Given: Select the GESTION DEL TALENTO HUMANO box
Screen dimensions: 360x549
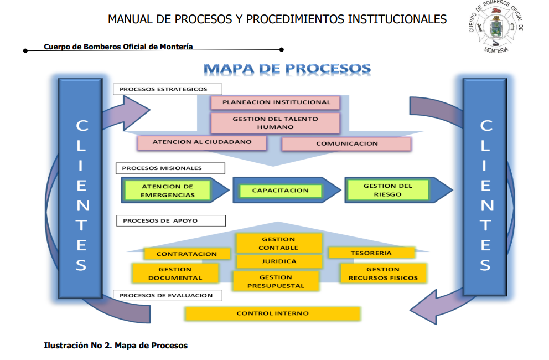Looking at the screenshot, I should point(275,123).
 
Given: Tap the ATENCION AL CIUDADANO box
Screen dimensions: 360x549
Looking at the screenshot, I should point(202,142).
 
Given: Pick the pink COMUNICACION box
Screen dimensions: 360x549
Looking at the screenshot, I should point(346,144).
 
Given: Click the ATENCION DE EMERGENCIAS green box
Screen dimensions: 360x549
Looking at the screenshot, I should point(168,191).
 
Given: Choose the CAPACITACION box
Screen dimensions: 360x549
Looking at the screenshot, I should point(281,191).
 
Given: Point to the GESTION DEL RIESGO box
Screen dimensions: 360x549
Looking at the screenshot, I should point(387,190).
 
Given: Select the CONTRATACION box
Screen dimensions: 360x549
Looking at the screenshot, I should point(187,254).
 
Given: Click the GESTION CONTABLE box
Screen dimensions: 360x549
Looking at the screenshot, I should point(278,243).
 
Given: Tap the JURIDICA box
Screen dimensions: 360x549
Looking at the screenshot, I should point(279,261).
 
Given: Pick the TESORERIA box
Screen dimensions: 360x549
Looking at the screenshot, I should point(371,253).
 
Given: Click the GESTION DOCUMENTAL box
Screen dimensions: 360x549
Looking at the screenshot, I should point(175,274).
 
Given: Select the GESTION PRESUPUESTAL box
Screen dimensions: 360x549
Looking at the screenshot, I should point(276,281).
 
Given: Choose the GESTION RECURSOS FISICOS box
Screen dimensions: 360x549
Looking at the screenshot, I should point(383,274).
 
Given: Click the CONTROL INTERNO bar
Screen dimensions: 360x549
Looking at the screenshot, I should point(272,313).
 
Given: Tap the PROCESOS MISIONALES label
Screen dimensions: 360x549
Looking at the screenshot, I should point(170,168).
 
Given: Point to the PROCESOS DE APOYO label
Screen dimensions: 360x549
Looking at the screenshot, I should point(170,220).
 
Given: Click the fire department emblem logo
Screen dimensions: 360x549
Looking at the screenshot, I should point(496,27).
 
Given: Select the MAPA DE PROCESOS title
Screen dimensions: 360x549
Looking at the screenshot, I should point(287,69).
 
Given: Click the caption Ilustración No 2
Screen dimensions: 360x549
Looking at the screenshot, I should point(116,346).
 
